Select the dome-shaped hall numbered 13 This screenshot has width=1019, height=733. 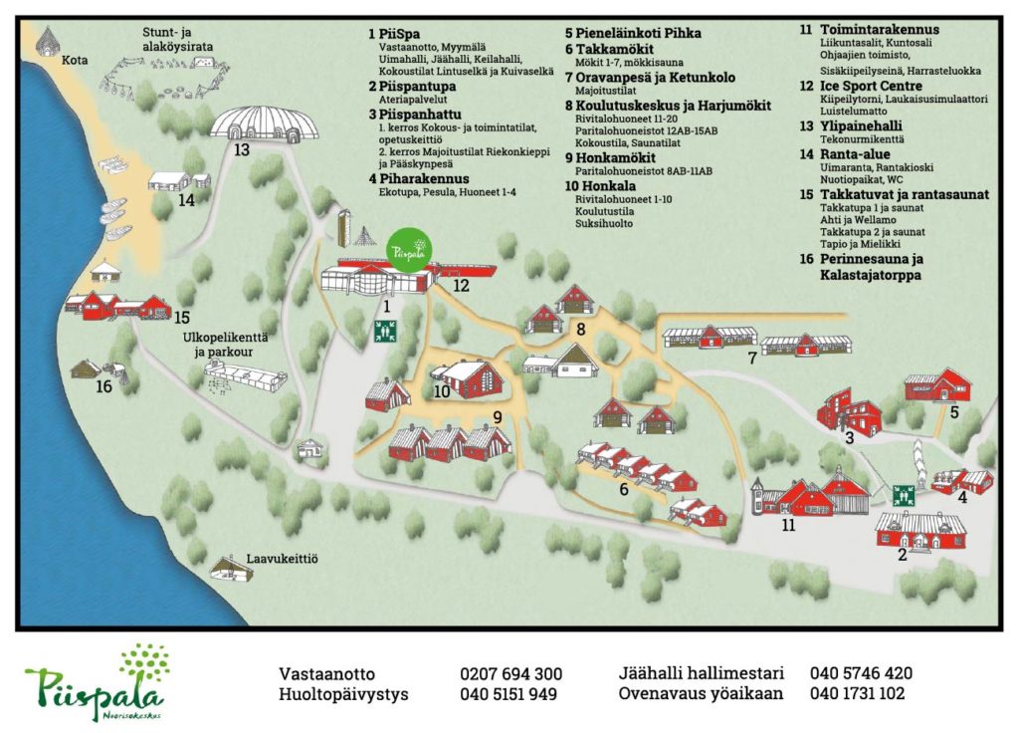(x=265, y=125)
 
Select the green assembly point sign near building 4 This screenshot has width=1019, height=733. (x=904, y=494)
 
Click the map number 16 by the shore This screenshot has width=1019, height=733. (x=103, y=386)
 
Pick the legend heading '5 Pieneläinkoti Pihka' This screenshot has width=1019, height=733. (x=632, y=33)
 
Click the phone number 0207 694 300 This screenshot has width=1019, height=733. (x=511, y=673)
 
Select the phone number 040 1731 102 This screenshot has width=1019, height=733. (x=857, y=693)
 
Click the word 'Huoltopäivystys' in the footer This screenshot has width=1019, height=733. (x=343, y=693)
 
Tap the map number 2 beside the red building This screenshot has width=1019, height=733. (x=902, y=555)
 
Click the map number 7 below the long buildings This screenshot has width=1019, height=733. (x=752, y=359)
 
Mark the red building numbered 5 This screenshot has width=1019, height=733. (x=937, y=385)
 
